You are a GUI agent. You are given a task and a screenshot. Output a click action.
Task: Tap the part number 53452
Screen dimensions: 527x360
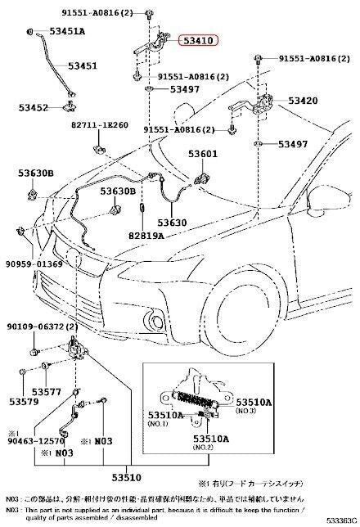tap(33, 107)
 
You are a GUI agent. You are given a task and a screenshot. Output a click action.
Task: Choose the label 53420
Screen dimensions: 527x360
tap(302, 101)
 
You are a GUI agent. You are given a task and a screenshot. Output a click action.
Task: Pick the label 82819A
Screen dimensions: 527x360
tap(146, 235)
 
